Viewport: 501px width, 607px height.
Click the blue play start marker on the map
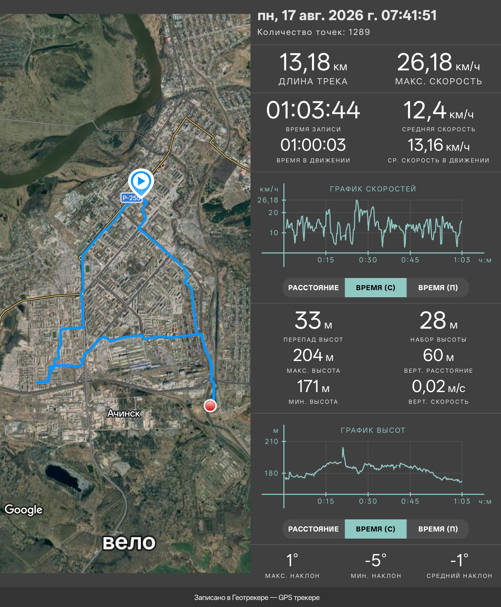point(141,182)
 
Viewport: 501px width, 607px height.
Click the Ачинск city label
point(124,413)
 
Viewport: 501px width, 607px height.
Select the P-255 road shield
point(131,198)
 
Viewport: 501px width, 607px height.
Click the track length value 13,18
point(305,62)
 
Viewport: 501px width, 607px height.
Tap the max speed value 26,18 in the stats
point(424,62)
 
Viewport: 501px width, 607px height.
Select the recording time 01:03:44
point(313,110)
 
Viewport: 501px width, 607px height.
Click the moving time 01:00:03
point(313,145)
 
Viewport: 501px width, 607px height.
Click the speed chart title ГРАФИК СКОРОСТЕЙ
point(373,189)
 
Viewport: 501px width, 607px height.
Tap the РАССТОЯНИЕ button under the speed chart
point(313,288)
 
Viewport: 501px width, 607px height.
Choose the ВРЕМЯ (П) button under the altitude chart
point(438,529)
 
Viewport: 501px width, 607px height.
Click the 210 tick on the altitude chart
point(272,441)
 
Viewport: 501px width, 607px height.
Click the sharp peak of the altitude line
point(343,447)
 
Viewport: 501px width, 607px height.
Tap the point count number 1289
point(359,32)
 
